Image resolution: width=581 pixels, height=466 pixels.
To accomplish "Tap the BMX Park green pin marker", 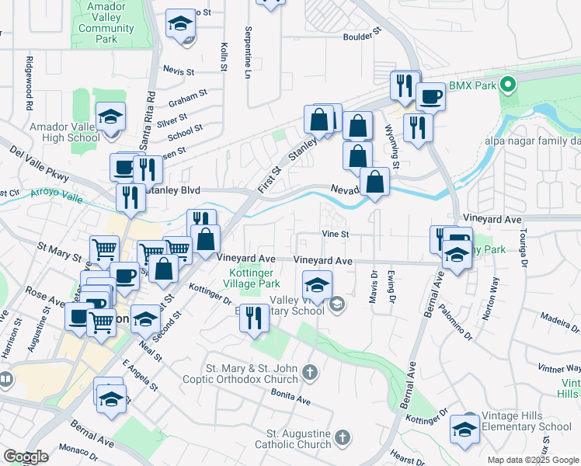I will coord(509,85).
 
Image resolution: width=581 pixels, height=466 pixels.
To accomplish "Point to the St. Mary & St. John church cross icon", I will coord(310,374).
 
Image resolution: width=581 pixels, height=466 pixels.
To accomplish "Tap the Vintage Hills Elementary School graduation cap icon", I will coord(465,429).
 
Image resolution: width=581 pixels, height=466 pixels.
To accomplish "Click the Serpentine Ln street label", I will coord(249,61).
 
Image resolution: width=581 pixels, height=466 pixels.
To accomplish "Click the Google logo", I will coord(26,457).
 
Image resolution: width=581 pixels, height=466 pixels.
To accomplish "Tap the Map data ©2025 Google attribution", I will coord(533,460).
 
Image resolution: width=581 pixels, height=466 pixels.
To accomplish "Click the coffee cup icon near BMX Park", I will coord(430,97).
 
